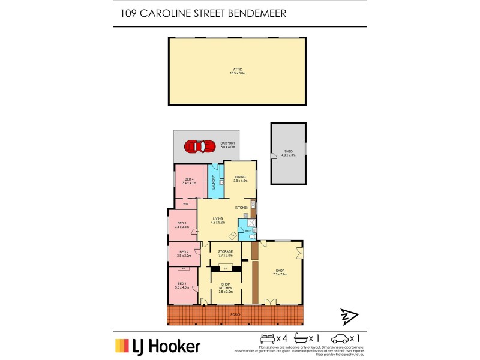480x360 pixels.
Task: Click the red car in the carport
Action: coord(200,146)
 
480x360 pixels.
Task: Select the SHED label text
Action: coord(288,152)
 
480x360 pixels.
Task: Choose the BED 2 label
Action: coord(183,254)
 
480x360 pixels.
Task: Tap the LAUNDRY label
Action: coord(214,182)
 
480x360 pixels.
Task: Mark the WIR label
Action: coord(186,204)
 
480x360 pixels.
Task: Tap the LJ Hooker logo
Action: coord(157,346)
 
